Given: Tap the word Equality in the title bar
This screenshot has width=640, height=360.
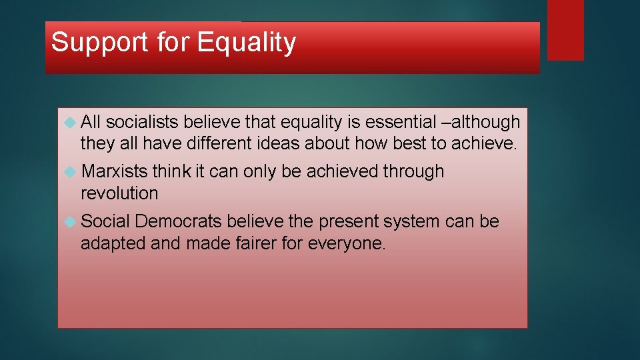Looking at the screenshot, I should point(246,43).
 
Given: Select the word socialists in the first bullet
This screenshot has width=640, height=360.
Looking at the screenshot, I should point(142,122).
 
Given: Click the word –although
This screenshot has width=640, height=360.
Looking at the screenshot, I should point(476,122).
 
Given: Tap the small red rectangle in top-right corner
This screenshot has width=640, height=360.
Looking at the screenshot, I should point(565,30).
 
